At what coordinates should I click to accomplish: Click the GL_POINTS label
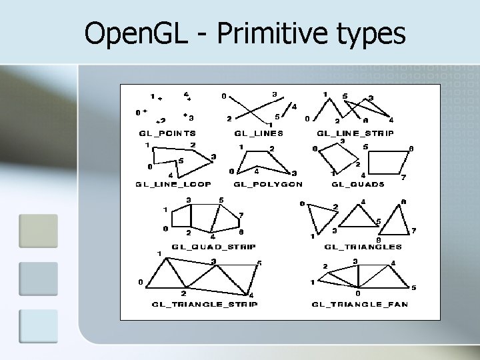coord(167,133)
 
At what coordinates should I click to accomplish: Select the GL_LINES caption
coord(259,133)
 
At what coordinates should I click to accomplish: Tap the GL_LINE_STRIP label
coord(355,133)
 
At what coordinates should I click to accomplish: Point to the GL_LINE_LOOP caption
coord(173,184)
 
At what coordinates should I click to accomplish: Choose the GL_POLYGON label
coord(268,184)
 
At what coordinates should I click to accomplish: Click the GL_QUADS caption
coord(357,184)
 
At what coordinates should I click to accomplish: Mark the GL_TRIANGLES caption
coord(363,247)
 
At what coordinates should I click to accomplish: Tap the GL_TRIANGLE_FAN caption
coord(359,304)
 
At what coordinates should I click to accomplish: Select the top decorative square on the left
coord(38,231)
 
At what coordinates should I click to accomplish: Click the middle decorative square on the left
coord(38,279)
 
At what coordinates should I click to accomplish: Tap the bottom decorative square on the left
coord(38,326)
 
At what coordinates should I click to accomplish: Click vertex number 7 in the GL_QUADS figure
coord(403,177)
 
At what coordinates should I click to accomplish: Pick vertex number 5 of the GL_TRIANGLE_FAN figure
coord(413,287)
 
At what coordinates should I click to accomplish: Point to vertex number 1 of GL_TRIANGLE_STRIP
coord(159,253)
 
